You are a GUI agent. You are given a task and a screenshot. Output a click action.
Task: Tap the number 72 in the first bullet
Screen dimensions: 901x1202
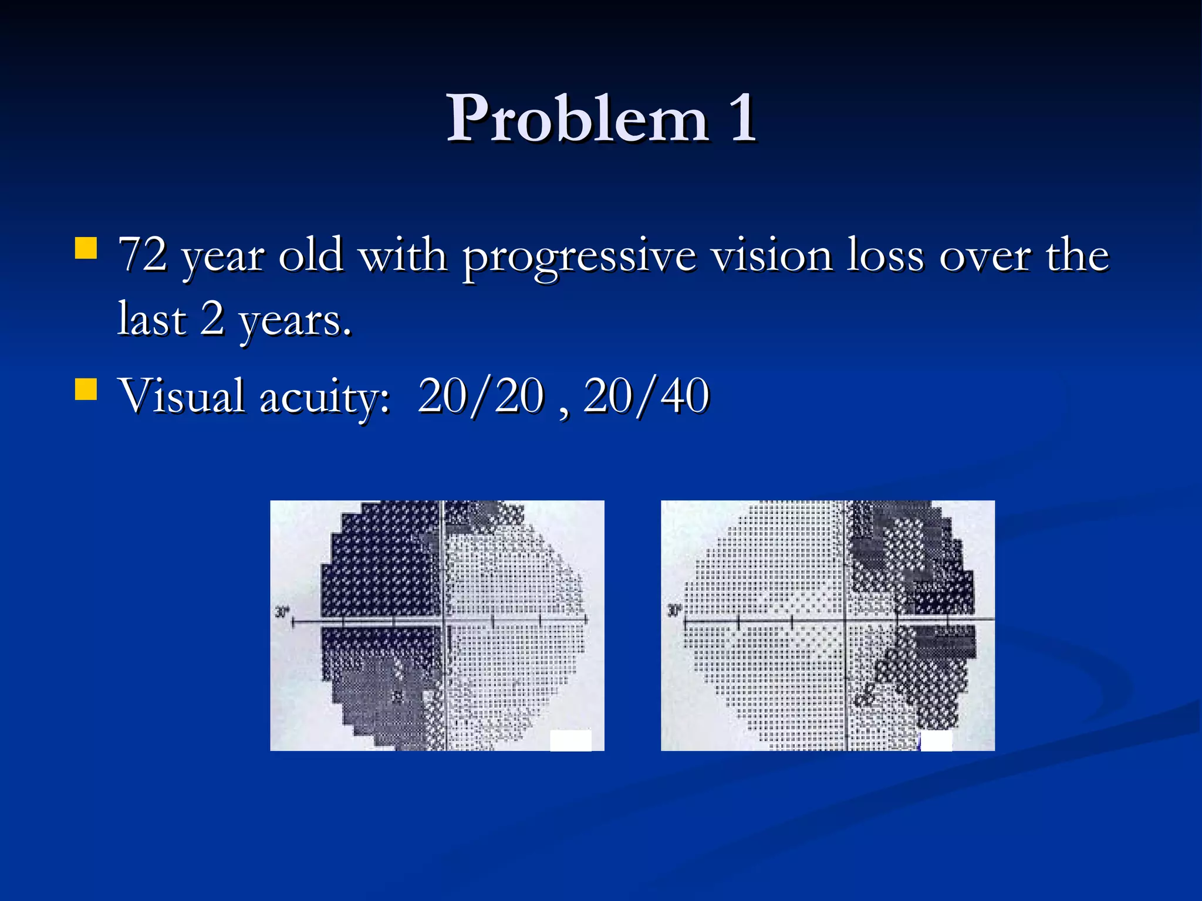(143, 256)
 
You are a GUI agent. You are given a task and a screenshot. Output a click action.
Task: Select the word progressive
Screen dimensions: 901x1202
(579, 258)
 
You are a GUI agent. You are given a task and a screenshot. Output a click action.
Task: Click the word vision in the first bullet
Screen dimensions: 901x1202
(772, 256)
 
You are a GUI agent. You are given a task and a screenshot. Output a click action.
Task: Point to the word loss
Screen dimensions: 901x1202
(885, 256)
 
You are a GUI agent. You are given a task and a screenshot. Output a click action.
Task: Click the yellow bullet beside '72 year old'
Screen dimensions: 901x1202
(86, 248)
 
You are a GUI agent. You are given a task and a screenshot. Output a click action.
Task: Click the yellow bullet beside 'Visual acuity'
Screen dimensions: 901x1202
(86, 389)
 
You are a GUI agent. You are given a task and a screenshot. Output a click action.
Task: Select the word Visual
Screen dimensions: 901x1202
(181, 395)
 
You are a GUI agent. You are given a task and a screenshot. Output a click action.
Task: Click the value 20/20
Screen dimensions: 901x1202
(481, 397)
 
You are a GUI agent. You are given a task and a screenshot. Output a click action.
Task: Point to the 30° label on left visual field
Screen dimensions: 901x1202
(282, 612)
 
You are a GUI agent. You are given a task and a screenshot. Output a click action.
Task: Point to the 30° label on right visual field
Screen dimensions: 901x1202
(674, 611)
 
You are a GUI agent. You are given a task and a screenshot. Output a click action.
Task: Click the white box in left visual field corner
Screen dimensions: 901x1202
(570, 740)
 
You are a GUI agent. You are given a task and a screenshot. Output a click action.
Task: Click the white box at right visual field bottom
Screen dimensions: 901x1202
(936, 741)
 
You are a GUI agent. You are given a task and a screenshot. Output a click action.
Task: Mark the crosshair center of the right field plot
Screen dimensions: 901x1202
(846, 619)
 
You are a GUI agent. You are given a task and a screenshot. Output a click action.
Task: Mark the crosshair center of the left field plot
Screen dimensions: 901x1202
(443, 620)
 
